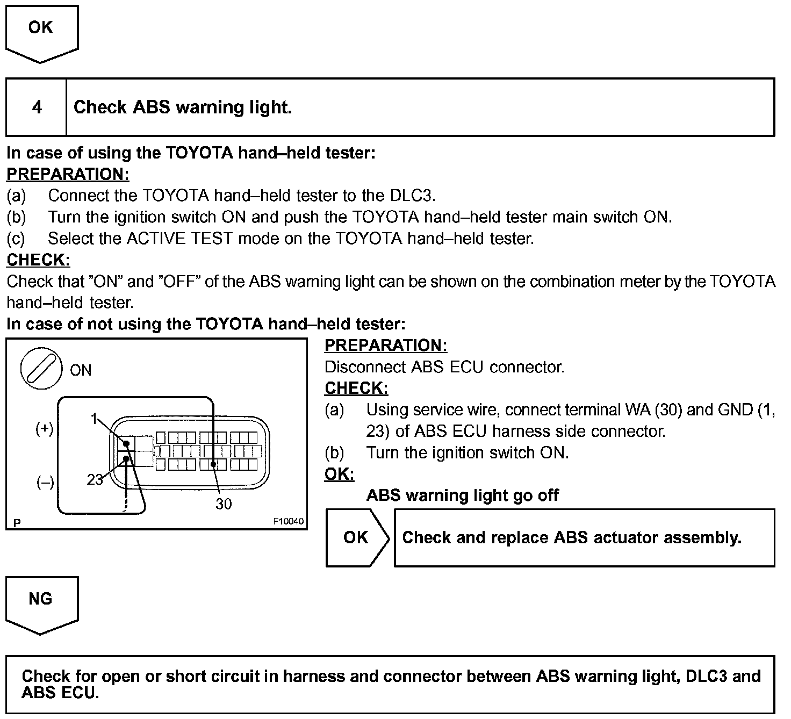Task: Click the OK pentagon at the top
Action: point(41,29)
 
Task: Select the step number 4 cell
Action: point(37,107)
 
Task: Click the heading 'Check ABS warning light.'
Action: point(183,107)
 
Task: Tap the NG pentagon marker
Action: point(41,600)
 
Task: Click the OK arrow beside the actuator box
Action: point(356,537)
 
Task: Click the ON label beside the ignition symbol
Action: point(81,370)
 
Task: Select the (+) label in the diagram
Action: point(45,429)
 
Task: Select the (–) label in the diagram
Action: point(45,483)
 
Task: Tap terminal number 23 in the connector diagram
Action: point(95,479)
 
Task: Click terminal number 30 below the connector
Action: point(224,504)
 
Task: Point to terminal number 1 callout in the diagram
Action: point(94,419)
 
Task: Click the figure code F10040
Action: point(288,521)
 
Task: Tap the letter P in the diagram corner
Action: point(17,522)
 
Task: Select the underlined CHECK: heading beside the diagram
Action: point(356,388)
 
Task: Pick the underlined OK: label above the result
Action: point(339,474)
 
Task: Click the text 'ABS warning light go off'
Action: point(462,495)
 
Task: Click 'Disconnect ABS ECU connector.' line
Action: point(444,367)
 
